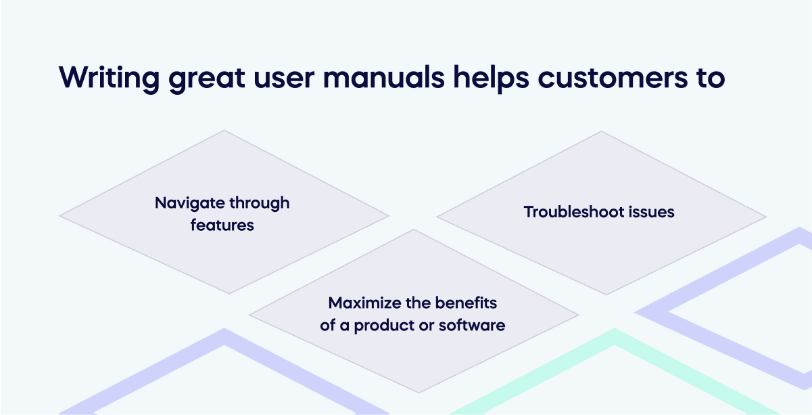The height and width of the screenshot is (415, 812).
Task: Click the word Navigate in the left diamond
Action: pos(190,203)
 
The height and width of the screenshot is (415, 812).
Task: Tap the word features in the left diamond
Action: pos(222,225)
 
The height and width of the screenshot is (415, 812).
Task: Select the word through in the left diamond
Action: pos(260,203)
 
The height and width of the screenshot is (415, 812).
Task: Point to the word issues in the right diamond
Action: pos(650,212)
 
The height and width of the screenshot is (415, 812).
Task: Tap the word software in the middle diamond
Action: pos(472,325)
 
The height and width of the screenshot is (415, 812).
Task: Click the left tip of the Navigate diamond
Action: pos(60,217)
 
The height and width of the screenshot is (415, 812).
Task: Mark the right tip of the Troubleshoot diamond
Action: pos(766,217)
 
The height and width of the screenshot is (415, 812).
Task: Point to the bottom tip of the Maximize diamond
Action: pos(414,393)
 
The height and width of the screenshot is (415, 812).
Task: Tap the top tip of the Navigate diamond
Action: pos(224,131)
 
